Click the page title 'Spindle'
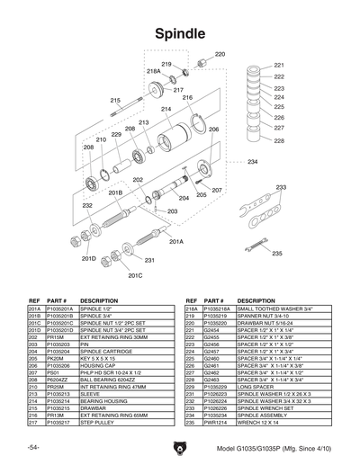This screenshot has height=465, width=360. (180, 33)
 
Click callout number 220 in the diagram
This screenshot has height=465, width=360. (220, 55)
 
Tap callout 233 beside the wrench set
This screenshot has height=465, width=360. (281, 188)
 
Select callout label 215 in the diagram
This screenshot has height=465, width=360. (116, 101)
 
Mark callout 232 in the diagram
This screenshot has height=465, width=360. (87, 206)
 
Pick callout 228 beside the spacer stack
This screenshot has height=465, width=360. (278, 140)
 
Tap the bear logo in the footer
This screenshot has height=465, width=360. (180, 448)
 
